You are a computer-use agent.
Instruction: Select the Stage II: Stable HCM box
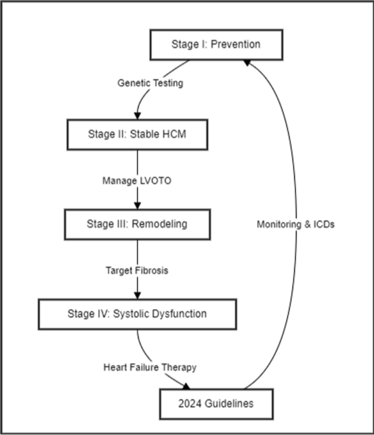point(137,134)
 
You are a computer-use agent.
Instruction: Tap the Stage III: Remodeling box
point(136,224)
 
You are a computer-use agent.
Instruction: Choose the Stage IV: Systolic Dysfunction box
point(137,314)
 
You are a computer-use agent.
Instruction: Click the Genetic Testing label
point(150,84)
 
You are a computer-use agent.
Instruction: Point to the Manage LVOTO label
point(136,180)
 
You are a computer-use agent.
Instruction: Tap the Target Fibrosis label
point(136,270)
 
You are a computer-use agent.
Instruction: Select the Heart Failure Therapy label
point(150,367)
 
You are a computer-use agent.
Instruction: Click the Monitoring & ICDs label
point(295,224)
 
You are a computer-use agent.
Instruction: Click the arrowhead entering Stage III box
point(137,205)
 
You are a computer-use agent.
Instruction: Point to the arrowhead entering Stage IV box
point(137,295)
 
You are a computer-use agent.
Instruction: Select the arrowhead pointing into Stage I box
point(247,63)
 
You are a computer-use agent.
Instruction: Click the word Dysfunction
point(180,314)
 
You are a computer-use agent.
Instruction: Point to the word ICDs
point(323,224)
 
